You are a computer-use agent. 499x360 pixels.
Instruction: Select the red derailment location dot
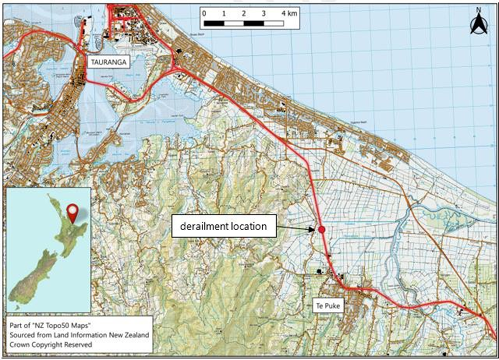click(x=322, y=229)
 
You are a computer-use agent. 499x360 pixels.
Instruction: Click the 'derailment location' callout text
click(x=223, y=226)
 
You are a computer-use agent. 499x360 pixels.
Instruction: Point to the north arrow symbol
click(x=478, y=24)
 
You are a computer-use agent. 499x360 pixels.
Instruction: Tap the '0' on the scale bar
click(x=204, y=13)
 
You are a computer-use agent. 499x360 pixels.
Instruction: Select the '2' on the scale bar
click(x=244, y=13)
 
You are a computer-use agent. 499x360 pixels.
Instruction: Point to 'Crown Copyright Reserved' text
click(x=51, y=344)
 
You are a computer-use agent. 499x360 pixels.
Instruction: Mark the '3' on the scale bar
click(x=264, y=13)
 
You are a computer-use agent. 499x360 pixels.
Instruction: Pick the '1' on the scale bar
click(x=224, y=13)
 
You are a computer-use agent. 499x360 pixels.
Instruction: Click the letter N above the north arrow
click(x=478, y=9)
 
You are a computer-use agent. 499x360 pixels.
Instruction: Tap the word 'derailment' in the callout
click(x=201, y=226)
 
